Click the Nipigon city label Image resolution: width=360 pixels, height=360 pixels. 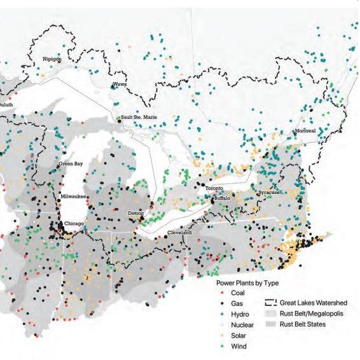[x=52, y=59]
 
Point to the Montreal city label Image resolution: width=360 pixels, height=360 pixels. [x=305, y=131]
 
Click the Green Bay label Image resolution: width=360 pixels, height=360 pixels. [x=71, y=164]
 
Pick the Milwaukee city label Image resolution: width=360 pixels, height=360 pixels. [x=74, y=196]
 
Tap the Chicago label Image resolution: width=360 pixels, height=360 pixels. [x=74, y=224]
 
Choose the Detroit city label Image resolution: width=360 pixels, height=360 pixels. [x=137, y=212]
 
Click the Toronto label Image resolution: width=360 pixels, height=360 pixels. [x=214, y=190]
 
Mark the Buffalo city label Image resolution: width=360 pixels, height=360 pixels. [x=222, y=198]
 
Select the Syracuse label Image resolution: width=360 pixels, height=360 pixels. [x=268, y=192]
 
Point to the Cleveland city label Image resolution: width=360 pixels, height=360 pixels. [x=179, y=233]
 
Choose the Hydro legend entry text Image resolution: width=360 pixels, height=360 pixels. [x=237, y=315]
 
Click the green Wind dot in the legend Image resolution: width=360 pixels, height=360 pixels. [x=219, y=347]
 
